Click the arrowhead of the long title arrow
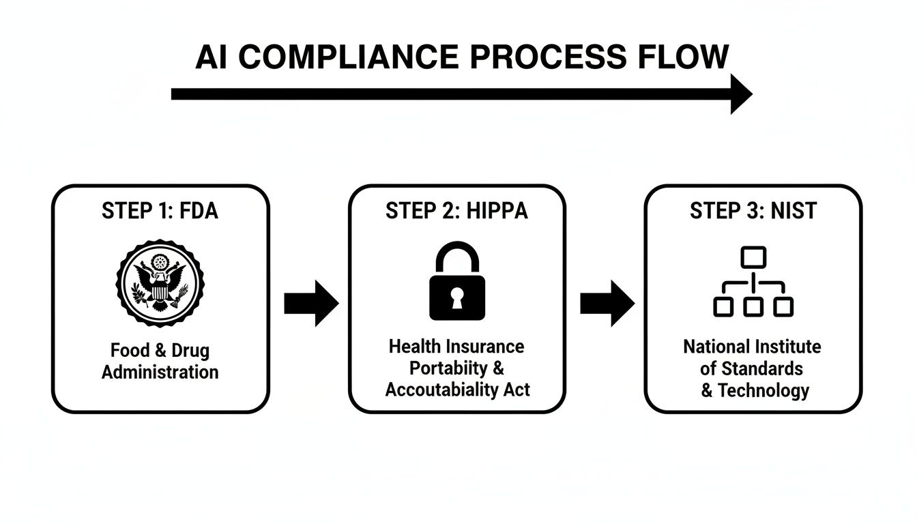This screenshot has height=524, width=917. point(740,94)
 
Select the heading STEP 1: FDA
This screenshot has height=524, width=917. point(160,211)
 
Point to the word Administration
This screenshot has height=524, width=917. point(160,373)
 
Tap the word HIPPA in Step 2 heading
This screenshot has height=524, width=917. point(497,211)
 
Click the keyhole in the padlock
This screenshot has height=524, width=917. point(457,297)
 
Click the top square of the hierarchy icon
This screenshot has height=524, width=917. point(753,258)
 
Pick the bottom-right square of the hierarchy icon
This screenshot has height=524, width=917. point(783,307)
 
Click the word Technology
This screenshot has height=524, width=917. point(763,390)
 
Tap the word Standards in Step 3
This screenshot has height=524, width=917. point(761,368)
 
